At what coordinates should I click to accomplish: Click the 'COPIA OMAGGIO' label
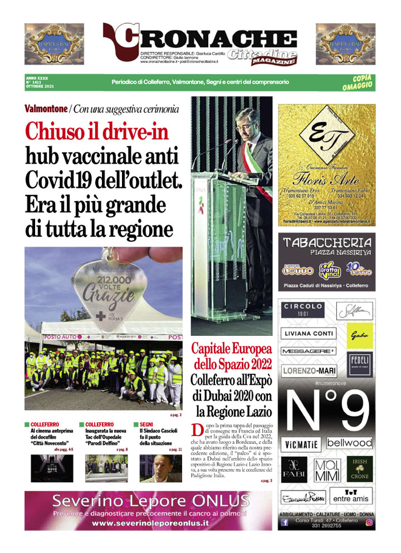click(359, 82)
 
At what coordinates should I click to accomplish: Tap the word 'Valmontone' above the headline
click(46, 109)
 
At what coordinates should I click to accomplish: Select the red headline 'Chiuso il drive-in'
click(96, 132)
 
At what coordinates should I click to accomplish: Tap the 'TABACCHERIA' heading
click(327, 243)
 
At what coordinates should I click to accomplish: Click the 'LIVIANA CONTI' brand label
click(308, 334)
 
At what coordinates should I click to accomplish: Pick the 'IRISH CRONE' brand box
click(360, 468)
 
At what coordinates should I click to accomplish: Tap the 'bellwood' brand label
click(349, 443)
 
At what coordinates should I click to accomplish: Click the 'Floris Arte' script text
click(327, 180)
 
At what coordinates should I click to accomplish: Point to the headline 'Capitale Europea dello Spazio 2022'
click(231, 357)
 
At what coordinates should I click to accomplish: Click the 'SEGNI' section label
click(147, 424)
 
